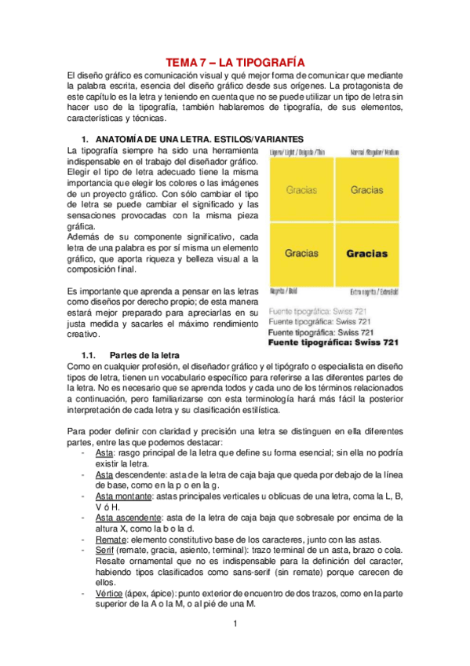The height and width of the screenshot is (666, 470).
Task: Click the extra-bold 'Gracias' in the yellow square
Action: click(x=366, y=254)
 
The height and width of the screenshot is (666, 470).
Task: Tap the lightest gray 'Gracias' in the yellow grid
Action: click(x=302, y=190)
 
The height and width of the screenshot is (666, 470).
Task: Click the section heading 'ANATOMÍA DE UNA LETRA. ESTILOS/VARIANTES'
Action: click(x=204, y=138)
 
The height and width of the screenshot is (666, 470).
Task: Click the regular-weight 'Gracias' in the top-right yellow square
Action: click(x=366, y=190)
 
